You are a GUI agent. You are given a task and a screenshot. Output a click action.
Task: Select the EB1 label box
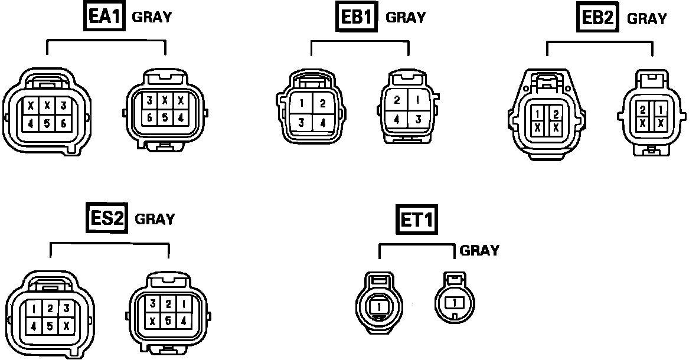358,17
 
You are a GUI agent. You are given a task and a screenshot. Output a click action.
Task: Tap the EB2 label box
597,18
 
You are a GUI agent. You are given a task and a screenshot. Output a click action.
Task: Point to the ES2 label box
107,218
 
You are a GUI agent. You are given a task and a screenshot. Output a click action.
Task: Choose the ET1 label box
416,220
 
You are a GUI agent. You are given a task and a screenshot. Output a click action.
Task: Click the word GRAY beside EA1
152,17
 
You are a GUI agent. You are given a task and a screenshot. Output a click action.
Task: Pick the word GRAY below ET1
479,250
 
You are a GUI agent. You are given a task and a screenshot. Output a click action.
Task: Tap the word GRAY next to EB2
646,18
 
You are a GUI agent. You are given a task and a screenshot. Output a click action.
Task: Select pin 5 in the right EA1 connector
165,117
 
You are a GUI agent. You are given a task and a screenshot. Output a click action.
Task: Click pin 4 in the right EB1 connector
397,119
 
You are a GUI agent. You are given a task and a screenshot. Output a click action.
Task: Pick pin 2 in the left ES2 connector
50,308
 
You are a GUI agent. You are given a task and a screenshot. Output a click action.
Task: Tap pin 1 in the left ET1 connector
379,306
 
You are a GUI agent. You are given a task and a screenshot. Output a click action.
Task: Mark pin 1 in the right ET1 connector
455,303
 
